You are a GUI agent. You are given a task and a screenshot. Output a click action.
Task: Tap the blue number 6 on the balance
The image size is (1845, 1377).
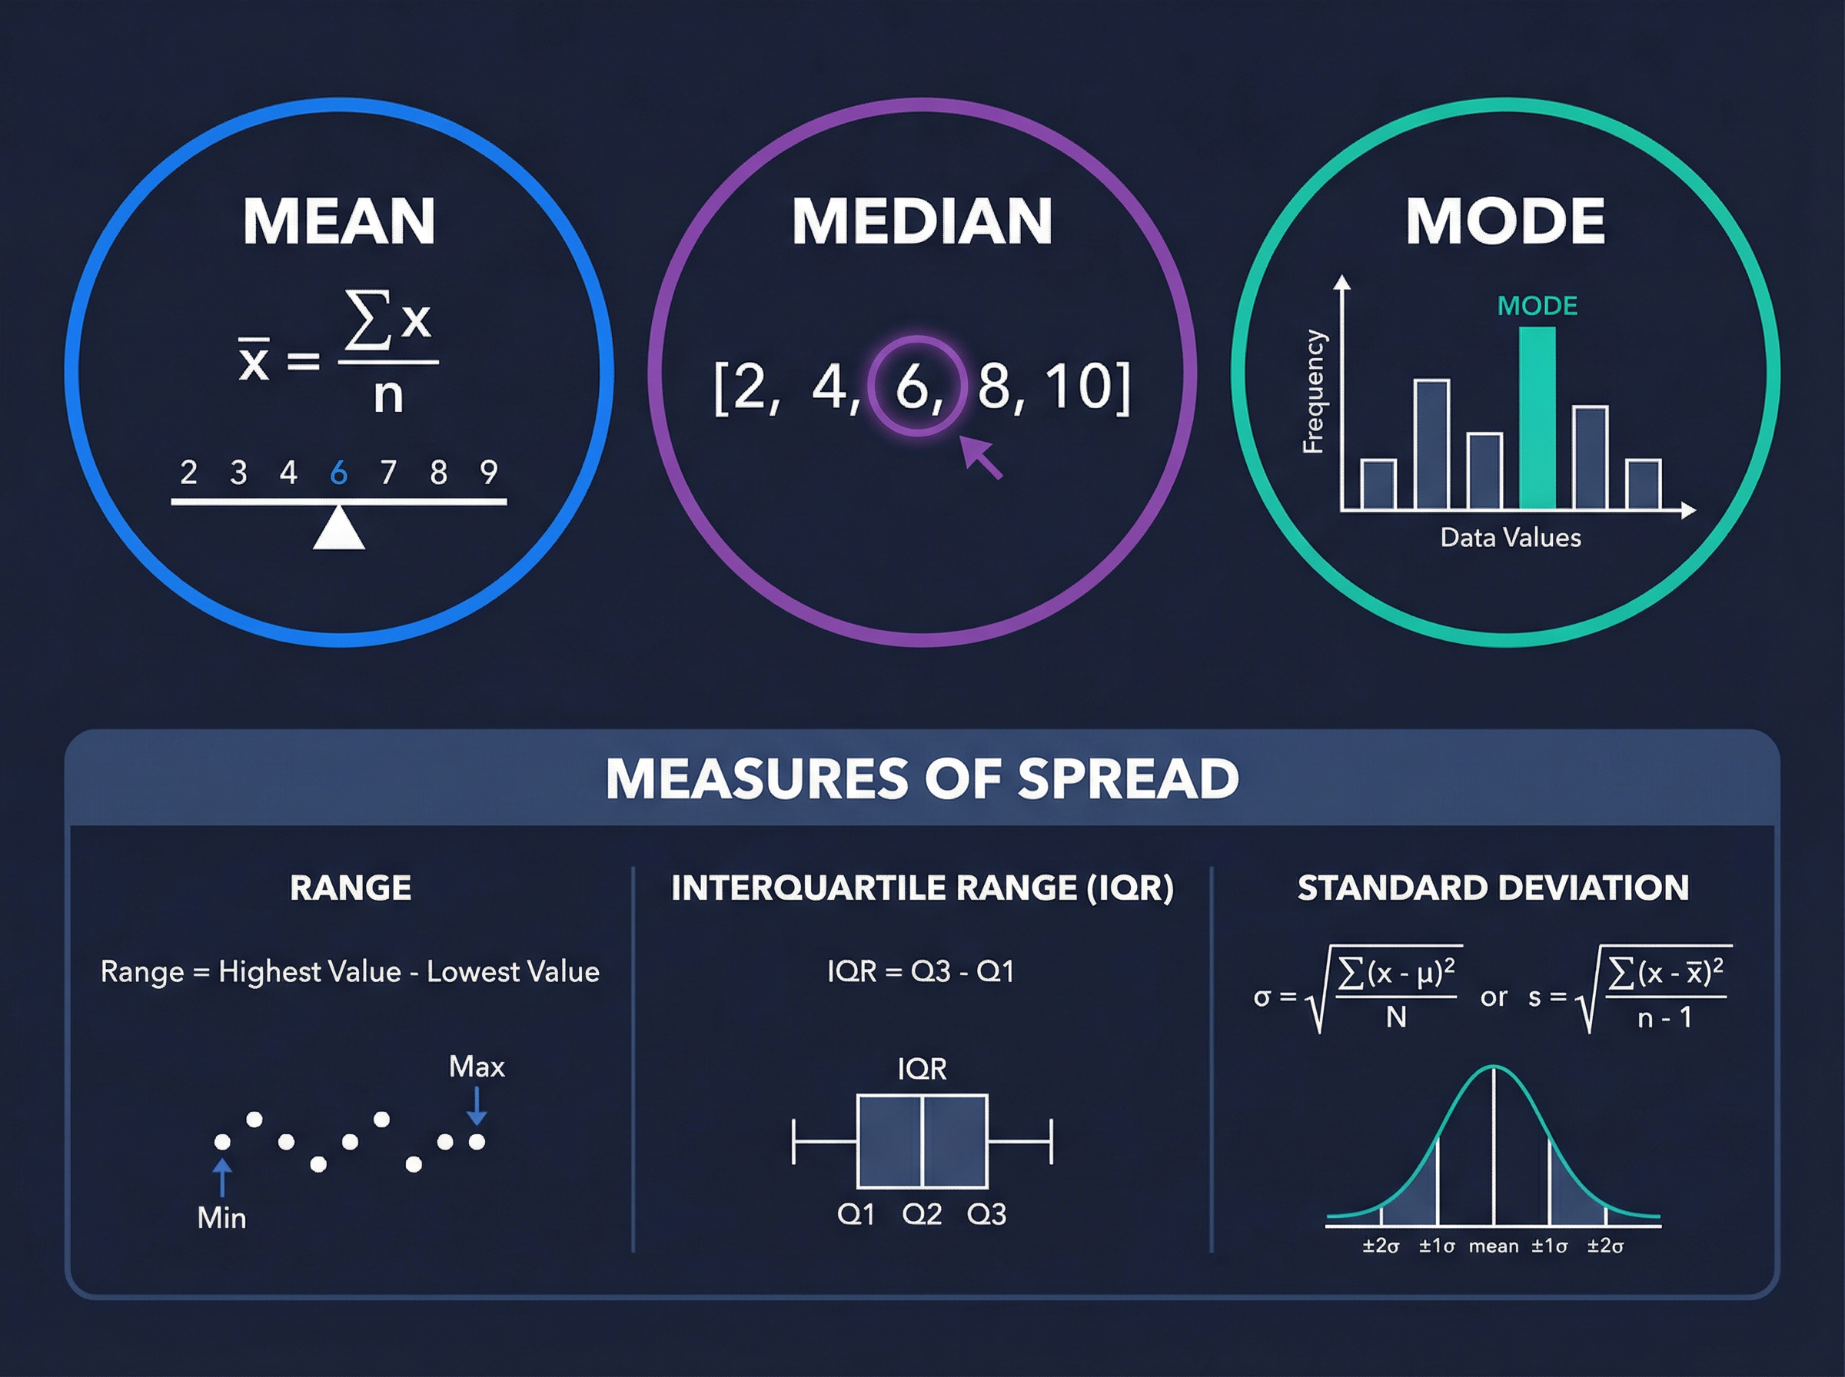[338, 473]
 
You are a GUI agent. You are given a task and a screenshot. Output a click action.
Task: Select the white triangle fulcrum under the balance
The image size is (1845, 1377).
[338, 529]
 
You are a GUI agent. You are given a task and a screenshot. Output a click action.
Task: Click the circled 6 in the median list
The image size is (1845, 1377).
[916, 386]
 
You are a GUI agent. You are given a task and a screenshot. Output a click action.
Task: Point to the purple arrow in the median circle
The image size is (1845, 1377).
[980, 456]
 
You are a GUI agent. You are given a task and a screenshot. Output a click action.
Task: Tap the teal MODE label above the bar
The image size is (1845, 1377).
[1537, 306]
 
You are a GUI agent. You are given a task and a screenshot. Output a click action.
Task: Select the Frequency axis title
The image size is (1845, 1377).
[1313, 392]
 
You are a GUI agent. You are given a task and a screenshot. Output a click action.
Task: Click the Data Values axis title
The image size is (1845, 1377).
[1510, 538]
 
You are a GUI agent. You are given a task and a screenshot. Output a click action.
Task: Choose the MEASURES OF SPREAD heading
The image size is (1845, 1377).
[921, 778]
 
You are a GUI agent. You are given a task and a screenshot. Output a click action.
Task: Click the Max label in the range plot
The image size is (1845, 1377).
[476, 1067]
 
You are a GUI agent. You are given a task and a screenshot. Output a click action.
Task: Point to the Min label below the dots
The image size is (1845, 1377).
[221, 1218]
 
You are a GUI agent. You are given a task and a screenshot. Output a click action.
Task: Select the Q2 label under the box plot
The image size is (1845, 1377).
[921, 1214]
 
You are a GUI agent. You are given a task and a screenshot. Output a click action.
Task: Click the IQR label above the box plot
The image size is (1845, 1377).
[921, 1070]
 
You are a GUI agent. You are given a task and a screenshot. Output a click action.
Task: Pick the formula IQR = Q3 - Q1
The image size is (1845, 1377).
[920, 971]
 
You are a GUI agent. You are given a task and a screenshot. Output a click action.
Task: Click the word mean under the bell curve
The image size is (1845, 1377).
[1493, 1246]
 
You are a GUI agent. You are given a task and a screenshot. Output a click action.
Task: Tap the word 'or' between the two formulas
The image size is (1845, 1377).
[1493, 997]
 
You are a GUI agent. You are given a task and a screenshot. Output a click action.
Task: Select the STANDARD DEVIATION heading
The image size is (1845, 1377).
[1492, 888]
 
